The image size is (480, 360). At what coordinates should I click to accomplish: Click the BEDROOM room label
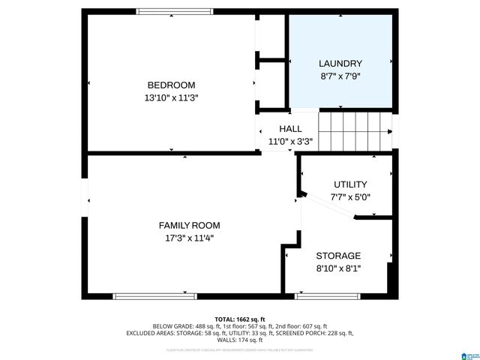click(x=171, y=85)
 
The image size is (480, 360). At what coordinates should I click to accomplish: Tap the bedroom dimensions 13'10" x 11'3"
click(x=171, y=97)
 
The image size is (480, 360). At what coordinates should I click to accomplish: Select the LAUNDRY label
click(x=340, y=64)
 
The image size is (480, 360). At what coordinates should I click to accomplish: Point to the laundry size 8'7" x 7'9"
click(x=340, y=76)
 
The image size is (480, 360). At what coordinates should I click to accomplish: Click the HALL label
click(x=290, y=128)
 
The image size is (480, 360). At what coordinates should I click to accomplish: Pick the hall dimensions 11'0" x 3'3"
click(x=290, y=140)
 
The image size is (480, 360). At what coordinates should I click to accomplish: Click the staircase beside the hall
click(x=356, y=130)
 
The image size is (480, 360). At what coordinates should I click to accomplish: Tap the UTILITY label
click(x=350, y=184)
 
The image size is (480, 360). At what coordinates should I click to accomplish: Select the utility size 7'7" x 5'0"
click(x=350, y=197)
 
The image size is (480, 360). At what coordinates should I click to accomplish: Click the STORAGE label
click(x=338, y=256)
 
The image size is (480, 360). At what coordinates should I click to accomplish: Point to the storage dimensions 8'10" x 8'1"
click(x=338, y=268)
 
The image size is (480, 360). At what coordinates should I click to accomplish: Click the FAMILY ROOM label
click(x=189, y=225)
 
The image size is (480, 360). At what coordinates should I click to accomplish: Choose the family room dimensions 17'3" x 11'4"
click(x=189, y=238)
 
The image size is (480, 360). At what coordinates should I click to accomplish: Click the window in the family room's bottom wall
click(x=154, y=296)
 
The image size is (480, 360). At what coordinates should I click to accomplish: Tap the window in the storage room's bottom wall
click(x=328, y=296)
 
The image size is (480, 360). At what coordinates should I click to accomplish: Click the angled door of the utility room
click(x=326, y=205)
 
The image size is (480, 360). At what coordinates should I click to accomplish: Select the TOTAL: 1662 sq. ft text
click(x=240, y=319)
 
